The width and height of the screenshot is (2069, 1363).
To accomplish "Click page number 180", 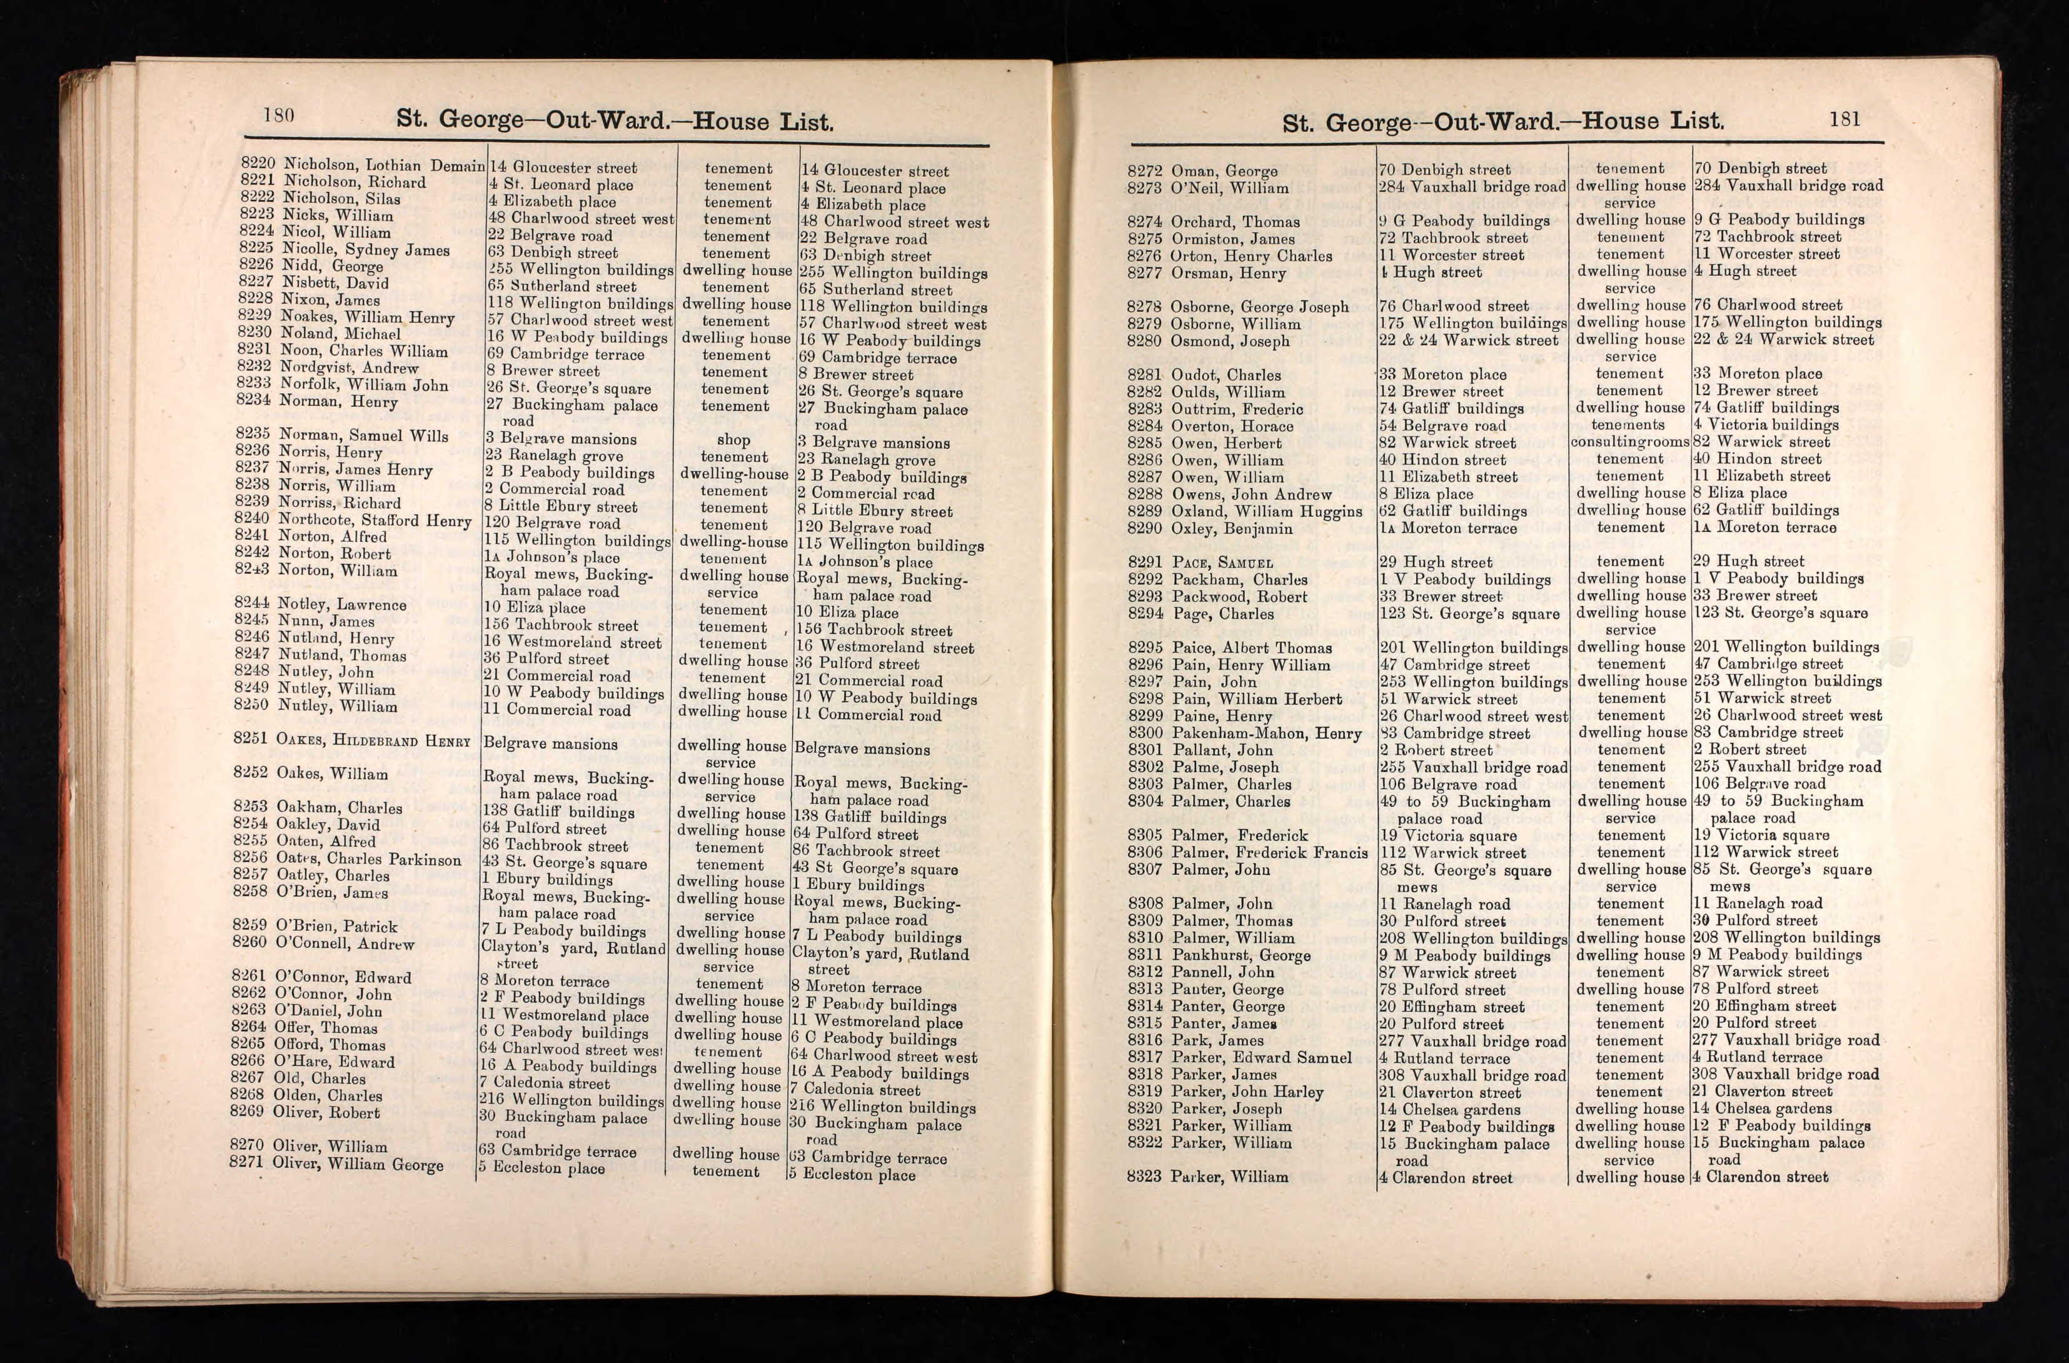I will pos(278,116).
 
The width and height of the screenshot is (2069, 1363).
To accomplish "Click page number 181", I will pos(1845,118).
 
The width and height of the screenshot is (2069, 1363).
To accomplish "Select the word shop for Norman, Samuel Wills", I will pos(733,440).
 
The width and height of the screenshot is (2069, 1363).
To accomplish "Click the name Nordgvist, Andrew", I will pos(349,368).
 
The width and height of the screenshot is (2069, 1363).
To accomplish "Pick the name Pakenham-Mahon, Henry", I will pos(1266,733).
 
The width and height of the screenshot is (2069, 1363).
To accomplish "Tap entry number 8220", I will pos(258,163).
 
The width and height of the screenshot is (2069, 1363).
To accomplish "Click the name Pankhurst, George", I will pos(1241,955).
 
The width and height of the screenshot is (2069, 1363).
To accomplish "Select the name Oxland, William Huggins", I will pos(1267,511).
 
